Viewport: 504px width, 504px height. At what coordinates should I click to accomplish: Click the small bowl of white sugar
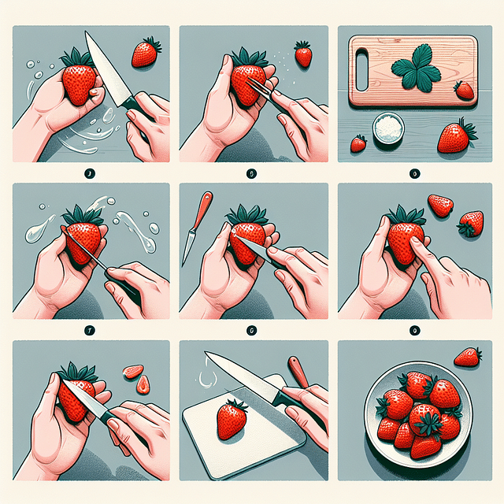click(387, 128)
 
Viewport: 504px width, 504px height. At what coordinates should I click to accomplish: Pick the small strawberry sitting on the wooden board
click(465, 90)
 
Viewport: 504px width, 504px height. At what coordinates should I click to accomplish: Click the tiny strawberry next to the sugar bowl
click(358, 143)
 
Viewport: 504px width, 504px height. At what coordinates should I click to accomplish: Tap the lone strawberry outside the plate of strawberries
click(468, 358)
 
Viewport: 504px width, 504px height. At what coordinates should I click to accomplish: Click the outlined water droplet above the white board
click(207, 378)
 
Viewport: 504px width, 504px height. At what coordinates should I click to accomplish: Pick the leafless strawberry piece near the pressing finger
click(440, 206)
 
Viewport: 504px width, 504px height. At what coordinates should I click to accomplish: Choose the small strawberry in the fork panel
click(303, 55)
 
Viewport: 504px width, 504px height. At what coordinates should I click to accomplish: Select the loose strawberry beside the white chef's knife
click(145, 53)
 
